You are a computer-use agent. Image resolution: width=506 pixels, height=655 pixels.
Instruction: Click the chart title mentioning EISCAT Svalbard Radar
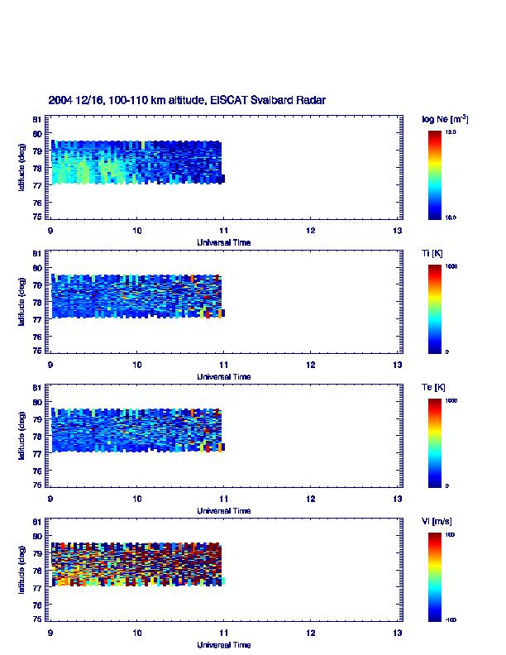click(186, 100)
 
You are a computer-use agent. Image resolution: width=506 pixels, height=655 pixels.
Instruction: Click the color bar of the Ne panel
click(435, 175)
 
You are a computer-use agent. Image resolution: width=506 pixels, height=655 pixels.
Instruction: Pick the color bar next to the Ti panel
click(435, 308)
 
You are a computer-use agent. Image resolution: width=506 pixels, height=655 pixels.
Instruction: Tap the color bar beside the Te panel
click(435, 442)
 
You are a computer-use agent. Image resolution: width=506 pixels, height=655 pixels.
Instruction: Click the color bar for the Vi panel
click(435, 576)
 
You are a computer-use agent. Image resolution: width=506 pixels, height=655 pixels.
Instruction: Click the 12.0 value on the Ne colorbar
click(452, 131)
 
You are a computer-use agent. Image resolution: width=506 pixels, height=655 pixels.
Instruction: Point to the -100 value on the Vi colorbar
click(452, 619)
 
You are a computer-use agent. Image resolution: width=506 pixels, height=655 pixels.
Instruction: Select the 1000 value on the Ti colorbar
click(452, 266)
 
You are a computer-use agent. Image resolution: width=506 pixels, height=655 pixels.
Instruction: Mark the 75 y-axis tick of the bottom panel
click(37, 619)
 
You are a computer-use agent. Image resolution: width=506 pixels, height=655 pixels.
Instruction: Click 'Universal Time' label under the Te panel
click(223, 510)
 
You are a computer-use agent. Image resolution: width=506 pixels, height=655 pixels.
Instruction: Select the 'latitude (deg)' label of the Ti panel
click(21, 301)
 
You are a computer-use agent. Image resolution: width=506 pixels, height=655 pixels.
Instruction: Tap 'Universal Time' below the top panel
click(223, 242)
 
